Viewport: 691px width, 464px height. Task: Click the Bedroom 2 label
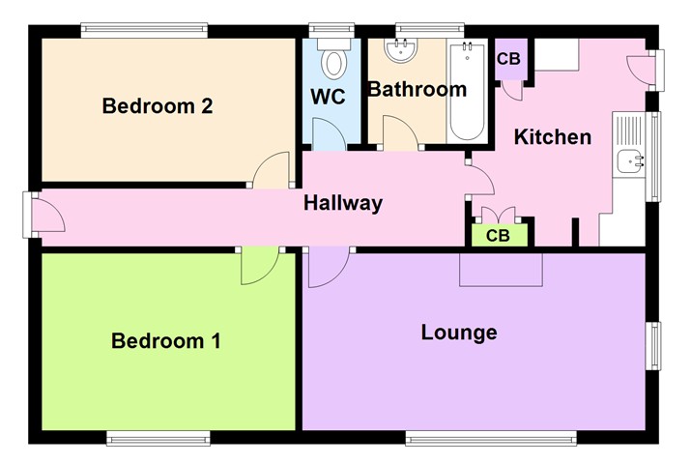pyautogui.click(x=158, y=106)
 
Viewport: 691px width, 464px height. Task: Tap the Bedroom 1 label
pyautogui.click(x=166, y=341)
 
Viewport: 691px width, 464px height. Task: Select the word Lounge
pyautogui.click(x=459, y=333)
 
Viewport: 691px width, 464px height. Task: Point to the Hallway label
pyautogui.click(x=343, y=203)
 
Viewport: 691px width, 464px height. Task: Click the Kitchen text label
pyautogui.click(x=552, y=137)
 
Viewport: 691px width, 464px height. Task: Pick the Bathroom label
pyautogui.click(x=417, y=90)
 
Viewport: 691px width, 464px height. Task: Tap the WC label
pyautogui.click(x=328, y=98)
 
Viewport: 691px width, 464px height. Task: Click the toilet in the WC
pyautogui.click(x=334, y=59)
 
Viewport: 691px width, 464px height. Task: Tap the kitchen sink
pyautogui.click(x=631, y=161)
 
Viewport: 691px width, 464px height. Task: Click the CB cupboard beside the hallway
pyautogui.click(x=499, y=235)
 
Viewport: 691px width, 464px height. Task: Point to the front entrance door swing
pyautogui.click(x=48, y=215)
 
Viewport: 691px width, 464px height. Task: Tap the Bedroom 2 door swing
pyautogui.click(x=272, y=170)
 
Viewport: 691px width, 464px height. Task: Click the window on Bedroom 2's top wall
pyautogui.click(x=144, y=31)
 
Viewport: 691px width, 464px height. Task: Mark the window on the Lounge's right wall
pyautogui.click(x=654, y=345)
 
